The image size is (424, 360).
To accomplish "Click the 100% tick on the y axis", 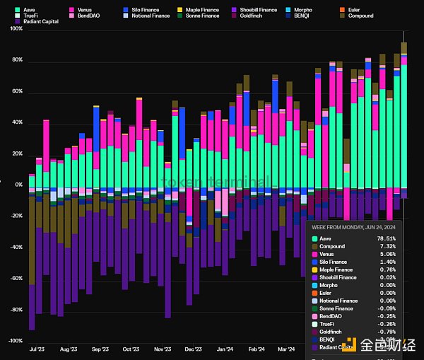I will tap(16, 29).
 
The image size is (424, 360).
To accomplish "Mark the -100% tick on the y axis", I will tap(14, 341).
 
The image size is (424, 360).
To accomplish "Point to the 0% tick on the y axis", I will tap(18, 185).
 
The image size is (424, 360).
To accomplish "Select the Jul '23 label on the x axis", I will tap(37, 349).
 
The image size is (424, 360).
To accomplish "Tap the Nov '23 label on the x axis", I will tap(163, 349).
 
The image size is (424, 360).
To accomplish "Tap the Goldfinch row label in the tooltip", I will tap(333, 332).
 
